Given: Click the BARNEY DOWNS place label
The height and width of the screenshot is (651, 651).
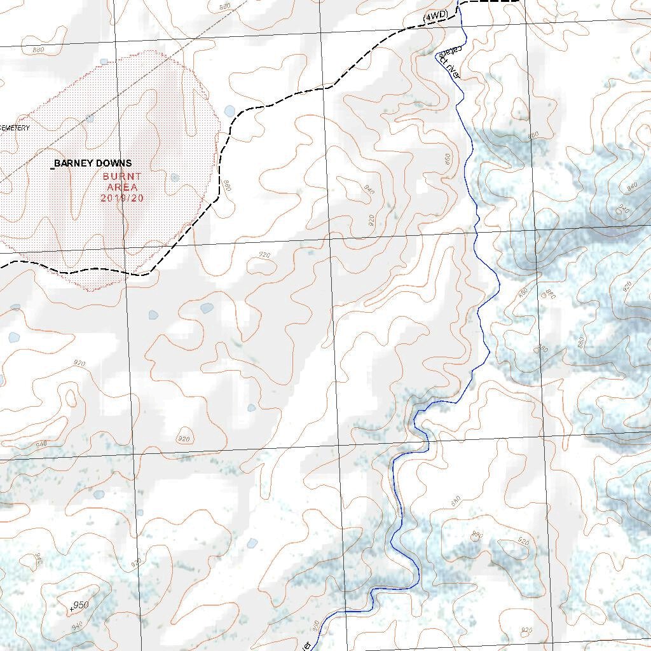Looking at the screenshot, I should [93, 164].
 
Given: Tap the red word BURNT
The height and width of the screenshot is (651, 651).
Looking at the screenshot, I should [123, 176].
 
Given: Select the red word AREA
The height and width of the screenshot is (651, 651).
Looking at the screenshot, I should [122, 187].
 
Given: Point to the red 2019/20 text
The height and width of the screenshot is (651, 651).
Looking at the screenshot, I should [122, 198].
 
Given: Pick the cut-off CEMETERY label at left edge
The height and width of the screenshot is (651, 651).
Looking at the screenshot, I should [15, 128].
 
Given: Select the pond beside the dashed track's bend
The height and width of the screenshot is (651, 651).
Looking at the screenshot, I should [230, 111].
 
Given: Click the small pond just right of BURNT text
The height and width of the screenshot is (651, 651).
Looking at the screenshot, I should [175, 177].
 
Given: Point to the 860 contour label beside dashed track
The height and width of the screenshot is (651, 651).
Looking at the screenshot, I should [226, 186].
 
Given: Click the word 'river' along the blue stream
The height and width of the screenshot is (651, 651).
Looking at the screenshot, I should [453, 70].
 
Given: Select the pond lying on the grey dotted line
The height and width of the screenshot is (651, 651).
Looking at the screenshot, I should [89, 118].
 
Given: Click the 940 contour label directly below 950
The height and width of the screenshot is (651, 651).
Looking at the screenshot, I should [78, 627].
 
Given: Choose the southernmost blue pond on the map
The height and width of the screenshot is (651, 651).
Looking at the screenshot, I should [252, 543].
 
